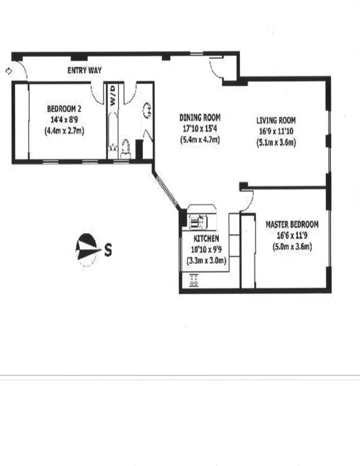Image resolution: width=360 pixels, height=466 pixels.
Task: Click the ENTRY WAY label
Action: point(83,71)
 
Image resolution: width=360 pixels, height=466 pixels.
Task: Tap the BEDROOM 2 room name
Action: point(64,109)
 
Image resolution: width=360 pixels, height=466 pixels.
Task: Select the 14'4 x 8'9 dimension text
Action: point(64,119)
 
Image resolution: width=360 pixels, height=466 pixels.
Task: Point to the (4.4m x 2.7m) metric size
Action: point(64,130)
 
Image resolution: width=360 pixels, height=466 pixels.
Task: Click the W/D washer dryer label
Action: point(113,95)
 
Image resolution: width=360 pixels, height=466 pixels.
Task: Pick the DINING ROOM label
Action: point(200,118)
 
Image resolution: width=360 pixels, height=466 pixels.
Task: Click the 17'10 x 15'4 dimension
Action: point(200,129)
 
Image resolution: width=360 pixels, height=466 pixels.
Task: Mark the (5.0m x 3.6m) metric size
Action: point(292,246)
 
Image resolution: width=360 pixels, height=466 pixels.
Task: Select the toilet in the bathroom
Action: point(126,147)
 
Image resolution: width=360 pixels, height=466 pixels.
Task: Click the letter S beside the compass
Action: point(109,248)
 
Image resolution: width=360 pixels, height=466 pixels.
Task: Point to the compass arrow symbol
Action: point(86,248)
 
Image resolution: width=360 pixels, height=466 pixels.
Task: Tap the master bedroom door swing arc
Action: point(248,201)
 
